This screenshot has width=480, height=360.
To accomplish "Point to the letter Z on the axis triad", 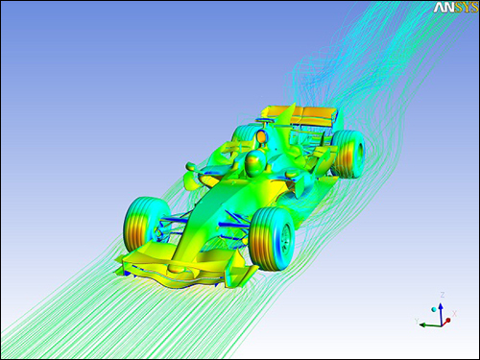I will coord(440,294).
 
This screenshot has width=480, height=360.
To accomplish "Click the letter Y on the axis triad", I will coord(415,319).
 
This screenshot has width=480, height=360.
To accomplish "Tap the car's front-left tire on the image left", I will coord(141,223).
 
